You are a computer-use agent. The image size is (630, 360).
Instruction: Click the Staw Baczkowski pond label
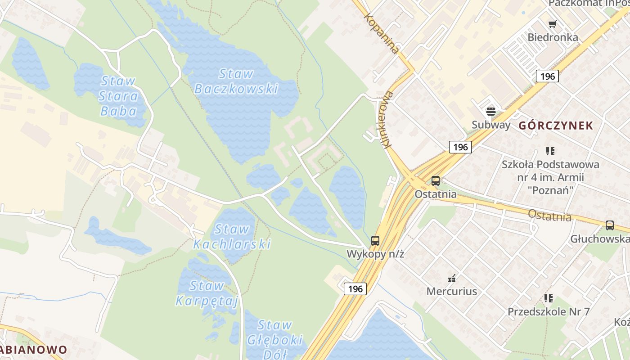pos(236,81)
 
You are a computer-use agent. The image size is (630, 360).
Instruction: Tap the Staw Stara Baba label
pos(119,96)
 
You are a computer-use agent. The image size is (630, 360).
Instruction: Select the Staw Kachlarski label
pos(232,237)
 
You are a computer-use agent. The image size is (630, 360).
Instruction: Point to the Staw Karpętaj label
pos(207,293)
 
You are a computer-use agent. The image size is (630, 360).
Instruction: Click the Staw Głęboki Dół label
pos(274,339)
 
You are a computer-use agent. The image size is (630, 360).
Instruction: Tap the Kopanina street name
pos(382,34)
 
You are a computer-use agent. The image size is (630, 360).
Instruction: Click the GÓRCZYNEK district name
pos(556,126)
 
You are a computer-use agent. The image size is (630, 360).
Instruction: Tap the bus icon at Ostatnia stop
pos(435,181)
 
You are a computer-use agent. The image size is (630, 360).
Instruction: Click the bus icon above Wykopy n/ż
pos(375,241)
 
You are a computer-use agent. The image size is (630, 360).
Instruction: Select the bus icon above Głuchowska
pos(609,225)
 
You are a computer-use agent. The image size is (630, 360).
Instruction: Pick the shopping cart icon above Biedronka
pos(552,24)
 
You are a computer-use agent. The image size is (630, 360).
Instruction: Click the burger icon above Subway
pos(490,111)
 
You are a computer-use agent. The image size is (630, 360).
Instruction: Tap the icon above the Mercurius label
pos(452,278)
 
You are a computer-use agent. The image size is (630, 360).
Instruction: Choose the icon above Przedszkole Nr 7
pos(549,298)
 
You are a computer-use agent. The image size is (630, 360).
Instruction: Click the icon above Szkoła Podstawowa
pos(550,151)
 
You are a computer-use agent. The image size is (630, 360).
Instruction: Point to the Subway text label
pos(491,125)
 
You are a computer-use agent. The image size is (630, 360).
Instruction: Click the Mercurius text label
pos(451,291)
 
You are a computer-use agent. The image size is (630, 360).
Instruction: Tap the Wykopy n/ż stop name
pos(375,254)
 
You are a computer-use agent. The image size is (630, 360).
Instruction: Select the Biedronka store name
pos(553,37)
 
